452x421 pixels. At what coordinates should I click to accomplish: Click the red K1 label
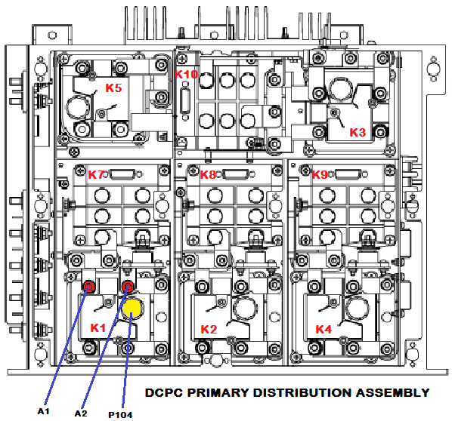pos(98,327)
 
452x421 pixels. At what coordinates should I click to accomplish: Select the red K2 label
pos(209,329)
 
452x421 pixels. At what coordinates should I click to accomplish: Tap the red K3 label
pos(358,132)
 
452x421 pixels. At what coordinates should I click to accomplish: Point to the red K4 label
pos(324,329)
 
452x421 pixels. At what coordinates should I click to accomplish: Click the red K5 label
pos(113,88)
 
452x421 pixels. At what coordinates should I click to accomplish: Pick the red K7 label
pos(96,174)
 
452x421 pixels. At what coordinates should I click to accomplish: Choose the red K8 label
pos(208,174)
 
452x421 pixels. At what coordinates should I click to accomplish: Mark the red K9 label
pos(320,174)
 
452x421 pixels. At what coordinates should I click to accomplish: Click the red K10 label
pos(186,75)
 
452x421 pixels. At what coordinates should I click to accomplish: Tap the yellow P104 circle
pos(132,308)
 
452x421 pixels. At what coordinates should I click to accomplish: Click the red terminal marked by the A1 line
pos(89,287)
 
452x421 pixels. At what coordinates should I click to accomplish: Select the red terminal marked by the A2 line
pos(128,287)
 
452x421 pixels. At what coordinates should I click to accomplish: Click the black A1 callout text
pos(44,411)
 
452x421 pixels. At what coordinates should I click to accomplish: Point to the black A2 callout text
pos(81,413)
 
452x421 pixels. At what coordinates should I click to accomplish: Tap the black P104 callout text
pos(120,415)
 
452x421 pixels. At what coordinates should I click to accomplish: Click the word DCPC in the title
pos(164,392)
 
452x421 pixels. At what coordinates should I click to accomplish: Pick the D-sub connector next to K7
pos(122,175)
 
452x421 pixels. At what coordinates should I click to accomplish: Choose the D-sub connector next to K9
pos(348,175)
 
